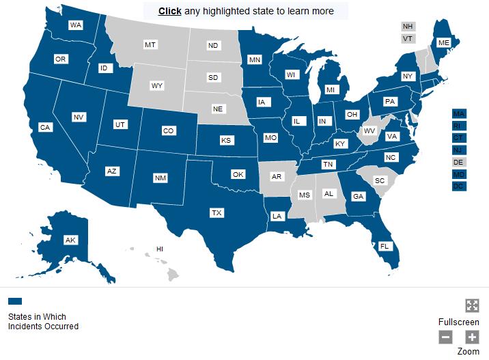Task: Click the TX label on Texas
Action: [216, 213]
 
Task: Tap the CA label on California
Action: [45, 128]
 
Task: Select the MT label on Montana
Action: [150, 45]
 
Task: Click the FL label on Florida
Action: [385, 246]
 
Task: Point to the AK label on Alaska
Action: [70, 240]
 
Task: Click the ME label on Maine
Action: [444, 42]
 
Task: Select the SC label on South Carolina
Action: [381, 180]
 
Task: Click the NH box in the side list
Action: [408, 27]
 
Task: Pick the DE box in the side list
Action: [459, 162]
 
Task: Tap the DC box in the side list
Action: [459, 186]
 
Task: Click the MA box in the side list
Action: [459, 113]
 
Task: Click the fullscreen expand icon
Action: [472, 306]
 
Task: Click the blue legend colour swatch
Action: [15, 301]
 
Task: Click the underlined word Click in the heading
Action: [169, 11]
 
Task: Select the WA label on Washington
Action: [76, 25]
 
